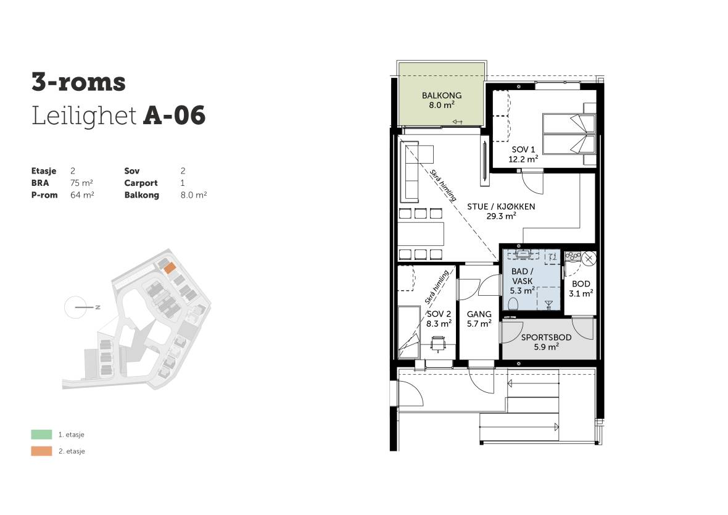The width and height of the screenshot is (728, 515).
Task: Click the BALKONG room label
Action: [x=442, y=95]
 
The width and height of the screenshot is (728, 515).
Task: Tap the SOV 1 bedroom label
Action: [x=523, y=149]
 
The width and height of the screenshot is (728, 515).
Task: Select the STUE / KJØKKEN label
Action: [x=501, y=206]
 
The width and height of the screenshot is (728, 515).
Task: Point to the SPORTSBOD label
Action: [x=546, y=337]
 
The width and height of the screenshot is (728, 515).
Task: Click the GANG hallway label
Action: [x=479, y=314]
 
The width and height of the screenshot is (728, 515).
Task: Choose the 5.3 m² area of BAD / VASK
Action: [x=523, y=291]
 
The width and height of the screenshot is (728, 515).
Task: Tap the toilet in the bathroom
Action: [x=513, y=304]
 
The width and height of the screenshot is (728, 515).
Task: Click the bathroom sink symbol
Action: [x=523, y=254]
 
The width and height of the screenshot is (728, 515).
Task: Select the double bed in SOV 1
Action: [x=569, y=134]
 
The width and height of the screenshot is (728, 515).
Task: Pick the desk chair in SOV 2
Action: [x=438, y=345]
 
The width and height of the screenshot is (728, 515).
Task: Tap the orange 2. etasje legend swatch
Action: [x=41, y=451]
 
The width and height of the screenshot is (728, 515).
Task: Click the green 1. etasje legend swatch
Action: [x=41, y=435]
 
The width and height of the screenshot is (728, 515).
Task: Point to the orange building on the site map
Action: [x=169, y=268]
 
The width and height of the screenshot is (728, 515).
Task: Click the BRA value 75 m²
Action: [x=81, y=183]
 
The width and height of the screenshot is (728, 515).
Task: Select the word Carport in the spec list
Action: [x=141, y=183]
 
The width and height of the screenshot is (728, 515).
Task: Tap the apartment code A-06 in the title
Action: [x=174, y=115]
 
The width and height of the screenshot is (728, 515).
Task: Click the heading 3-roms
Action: [x=78, y=82]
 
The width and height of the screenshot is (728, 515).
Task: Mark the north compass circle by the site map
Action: [x=75, y=308]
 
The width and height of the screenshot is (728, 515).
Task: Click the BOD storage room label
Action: [x=581, y=284]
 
